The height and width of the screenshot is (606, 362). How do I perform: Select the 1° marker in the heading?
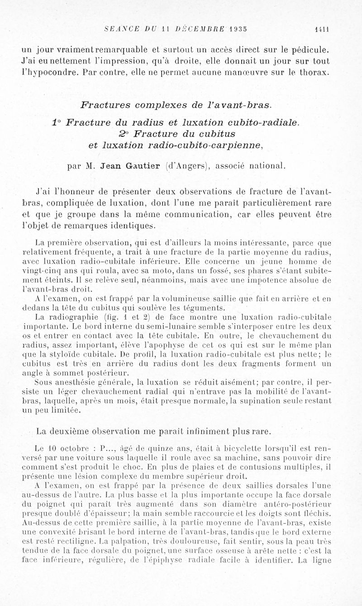tap(57, 122)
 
